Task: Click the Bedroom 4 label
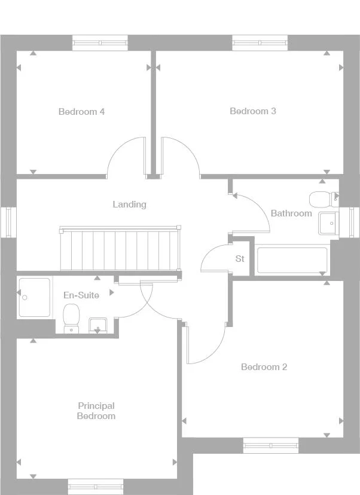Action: point(82,112)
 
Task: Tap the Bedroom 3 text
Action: point(253,111)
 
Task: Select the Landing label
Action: point(129,204)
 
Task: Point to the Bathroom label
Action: point(291,213)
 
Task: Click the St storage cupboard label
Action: point(240,259)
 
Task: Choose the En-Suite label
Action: point(81,295)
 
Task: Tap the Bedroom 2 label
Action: point(264,367)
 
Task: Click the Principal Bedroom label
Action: point(96,411)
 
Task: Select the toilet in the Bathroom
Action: point(319,198)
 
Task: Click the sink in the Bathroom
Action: point(328,224)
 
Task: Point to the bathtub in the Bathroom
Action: point(292,261)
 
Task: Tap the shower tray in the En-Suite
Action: point(35,297)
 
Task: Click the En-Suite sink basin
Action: point(98,325)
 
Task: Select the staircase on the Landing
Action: point(120,249)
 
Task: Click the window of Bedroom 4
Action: point(100,42)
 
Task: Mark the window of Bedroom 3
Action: point(260,42)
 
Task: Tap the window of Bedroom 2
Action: point(270,445)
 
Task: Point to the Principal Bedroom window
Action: point(96,487)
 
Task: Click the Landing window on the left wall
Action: point(8,222)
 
